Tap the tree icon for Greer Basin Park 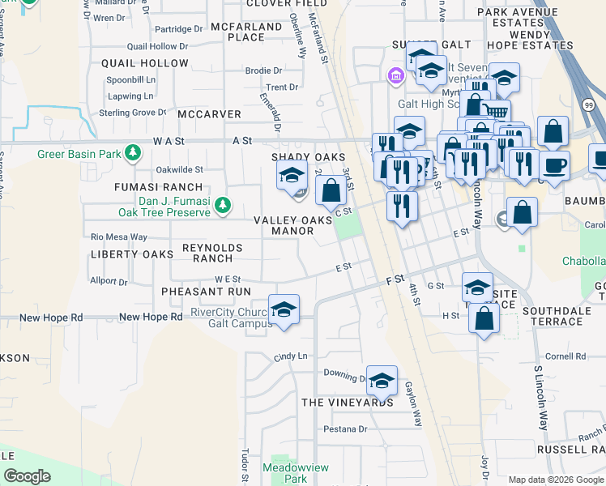(x=135, y=153)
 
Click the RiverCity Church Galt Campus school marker (x=284, y=309)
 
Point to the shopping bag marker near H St (x=484, y=318)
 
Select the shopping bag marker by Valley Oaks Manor (x=331, y=191)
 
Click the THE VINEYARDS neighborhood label (x=348, y=403)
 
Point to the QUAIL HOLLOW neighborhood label (x=145, y=63)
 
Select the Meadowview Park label (x=284, y=473)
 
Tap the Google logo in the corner (x=27, y=475)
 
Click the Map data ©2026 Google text (x=557, y=480)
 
